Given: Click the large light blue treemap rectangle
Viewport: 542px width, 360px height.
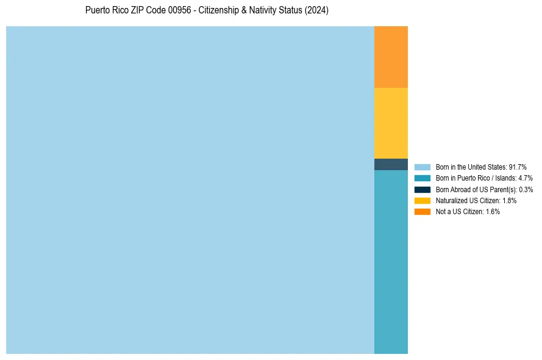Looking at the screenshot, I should click(x=190, y=190).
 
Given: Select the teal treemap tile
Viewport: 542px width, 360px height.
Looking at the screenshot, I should click(x=391, y=262).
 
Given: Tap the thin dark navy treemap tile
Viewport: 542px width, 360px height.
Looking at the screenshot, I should click(x=391, y=164).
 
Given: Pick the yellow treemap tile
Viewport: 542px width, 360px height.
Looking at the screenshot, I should click(x=391, y=123).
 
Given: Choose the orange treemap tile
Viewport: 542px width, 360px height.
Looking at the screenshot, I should click(x=391, y=57).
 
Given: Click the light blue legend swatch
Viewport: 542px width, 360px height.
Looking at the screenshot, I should click(x=423, y=167).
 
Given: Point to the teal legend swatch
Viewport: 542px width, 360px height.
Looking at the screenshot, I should click(x=423, y=178).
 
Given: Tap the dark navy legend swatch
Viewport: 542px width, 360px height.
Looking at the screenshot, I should click(x=423, y=190).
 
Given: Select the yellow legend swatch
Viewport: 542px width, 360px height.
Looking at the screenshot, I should click(x=423, y=201).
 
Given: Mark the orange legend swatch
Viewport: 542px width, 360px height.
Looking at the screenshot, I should click(x=423, y=212).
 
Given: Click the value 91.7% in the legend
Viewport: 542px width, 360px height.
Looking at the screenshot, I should click(x=518, y=167).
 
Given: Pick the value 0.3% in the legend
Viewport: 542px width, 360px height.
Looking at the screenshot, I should click(x=526, y=190).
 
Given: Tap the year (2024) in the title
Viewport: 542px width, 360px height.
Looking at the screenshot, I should click(x=317, y=10).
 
